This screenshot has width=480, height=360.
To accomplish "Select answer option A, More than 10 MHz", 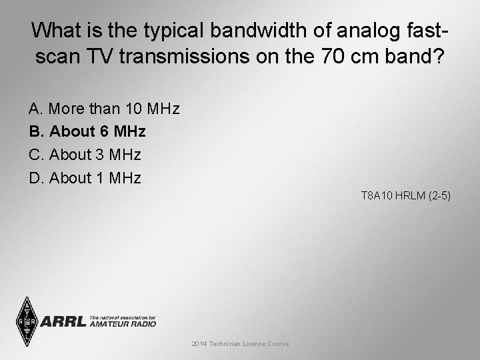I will (x=104, y=108).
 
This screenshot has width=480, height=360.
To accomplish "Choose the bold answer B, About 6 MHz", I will (x=87, y=131).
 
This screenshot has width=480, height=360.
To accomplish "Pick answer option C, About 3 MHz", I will (x=85, y=155).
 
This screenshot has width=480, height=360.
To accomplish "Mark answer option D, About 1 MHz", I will (x=85, y=178).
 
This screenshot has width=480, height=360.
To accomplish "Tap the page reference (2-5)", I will (x=439, y=196).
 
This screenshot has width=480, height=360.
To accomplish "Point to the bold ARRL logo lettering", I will (x=64, y=321).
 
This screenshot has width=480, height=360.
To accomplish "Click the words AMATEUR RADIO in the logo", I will (x=123, y=324).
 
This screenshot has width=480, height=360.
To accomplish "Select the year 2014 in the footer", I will (x=199, y=344).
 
